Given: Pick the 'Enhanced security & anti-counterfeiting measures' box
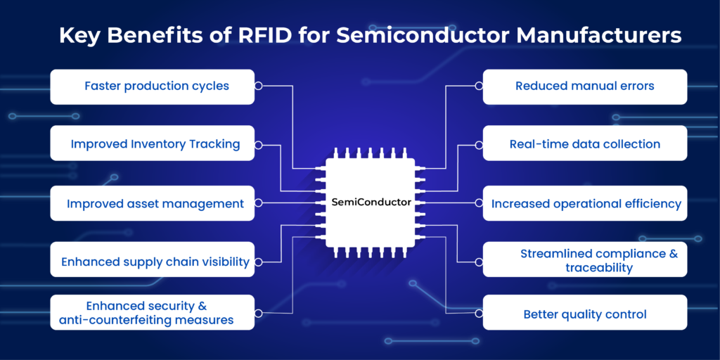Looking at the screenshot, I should tap(152, 313).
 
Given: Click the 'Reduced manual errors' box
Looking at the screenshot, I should tap(584, 86).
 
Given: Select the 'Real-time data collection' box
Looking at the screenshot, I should tap(584, 144).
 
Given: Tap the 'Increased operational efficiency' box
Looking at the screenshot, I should tap(584, 204).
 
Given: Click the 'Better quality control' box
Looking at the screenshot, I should tap(584, 314).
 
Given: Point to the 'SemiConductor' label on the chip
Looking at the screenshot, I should tap(371, 202).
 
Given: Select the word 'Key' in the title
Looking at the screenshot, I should tap(79, 36).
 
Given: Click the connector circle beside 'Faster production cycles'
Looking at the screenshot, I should tap(259, 86).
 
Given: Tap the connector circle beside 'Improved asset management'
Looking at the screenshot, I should tap(259, 202).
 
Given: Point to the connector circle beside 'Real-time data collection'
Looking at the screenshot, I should tap(478, 144).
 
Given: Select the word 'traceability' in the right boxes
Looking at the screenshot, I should tap(599, 268).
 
